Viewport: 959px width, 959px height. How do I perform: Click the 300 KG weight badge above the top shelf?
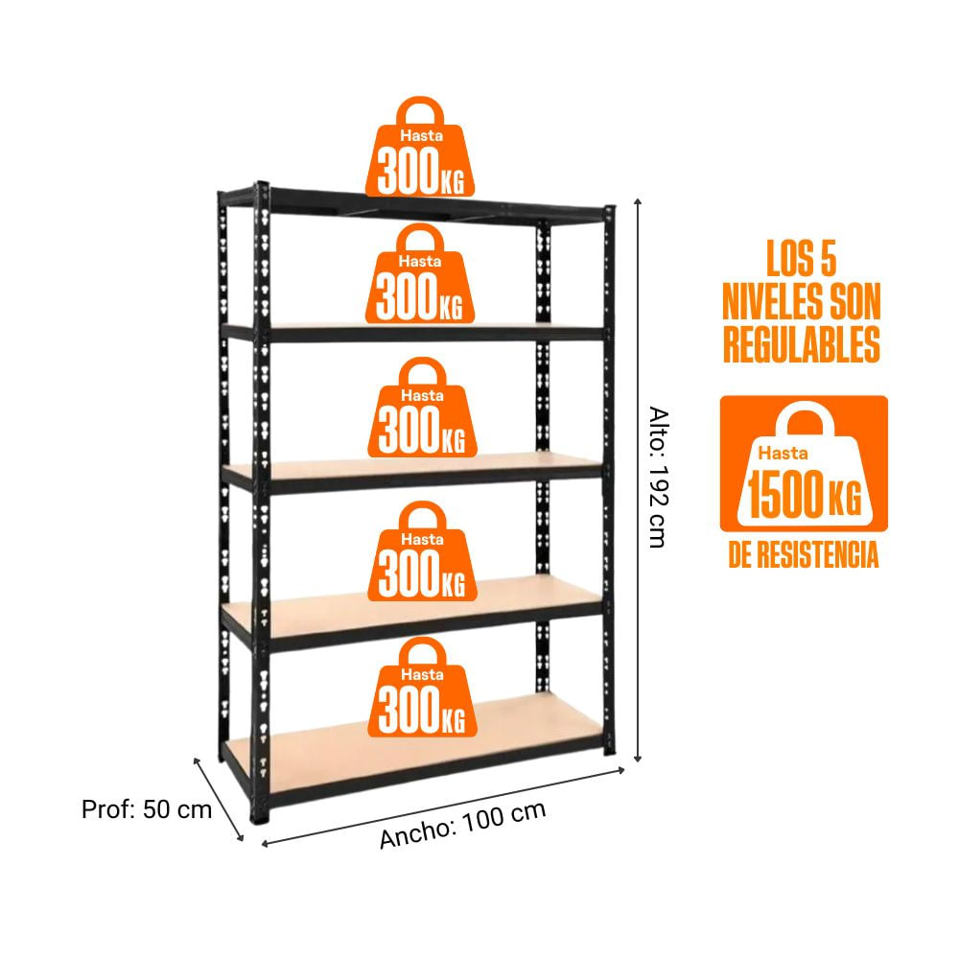(420, 147)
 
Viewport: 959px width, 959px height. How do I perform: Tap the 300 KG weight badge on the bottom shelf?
(422, 687)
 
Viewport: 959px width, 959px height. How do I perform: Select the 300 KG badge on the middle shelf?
(422, 408)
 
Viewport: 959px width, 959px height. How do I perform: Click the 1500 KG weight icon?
(804, 463)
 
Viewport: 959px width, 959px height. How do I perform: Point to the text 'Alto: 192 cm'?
(659, 477)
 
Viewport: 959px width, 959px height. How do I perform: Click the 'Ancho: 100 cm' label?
(462, 825)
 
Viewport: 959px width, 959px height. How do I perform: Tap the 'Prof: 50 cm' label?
(147, 809)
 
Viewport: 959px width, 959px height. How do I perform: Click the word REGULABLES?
(802, 345)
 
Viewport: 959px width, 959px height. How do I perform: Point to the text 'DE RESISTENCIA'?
(803, 554)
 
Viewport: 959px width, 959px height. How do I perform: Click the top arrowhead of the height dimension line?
(638, 201)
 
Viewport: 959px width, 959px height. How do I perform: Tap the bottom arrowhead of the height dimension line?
(638, 759)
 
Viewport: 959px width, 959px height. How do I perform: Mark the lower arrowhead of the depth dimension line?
(241, 837)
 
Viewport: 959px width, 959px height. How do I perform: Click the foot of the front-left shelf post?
(259, 814)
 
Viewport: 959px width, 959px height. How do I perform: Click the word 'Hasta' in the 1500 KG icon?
(783, 454)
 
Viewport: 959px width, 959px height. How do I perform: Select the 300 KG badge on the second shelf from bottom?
(422, 551)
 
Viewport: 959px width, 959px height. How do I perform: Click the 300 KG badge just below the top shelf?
(420, 273)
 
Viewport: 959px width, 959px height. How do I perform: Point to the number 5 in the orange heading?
(829, 258)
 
